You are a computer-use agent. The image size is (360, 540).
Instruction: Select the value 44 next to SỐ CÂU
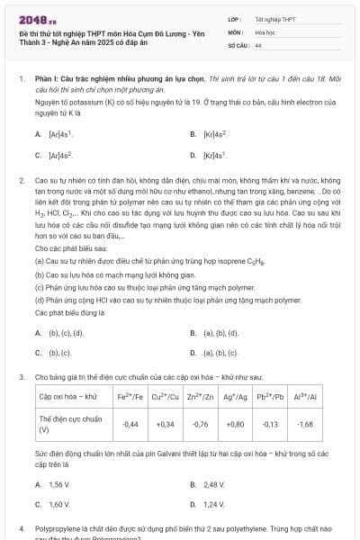[x=258, y=44]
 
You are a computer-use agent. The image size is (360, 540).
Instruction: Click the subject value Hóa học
[x=265, y=31]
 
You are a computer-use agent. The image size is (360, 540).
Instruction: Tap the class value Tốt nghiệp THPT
[x=275, y=19]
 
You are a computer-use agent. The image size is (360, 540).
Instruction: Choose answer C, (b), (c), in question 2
[x=59, y=354]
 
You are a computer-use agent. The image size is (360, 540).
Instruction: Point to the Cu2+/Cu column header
[x=166, y=396]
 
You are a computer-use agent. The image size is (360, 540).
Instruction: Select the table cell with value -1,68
[x=305, y=423]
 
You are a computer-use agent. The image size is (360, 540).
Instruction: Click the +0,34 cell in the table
[x=166, y=423]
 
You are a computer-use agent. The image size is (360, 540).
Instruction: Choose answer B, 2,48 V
[x=213, y=484]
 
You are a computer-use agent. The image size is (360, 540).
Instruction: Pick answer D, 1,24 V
[x=213, y=505]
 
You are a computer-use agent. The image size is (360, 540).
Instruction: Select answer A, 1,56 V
[x=58, y=484]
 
